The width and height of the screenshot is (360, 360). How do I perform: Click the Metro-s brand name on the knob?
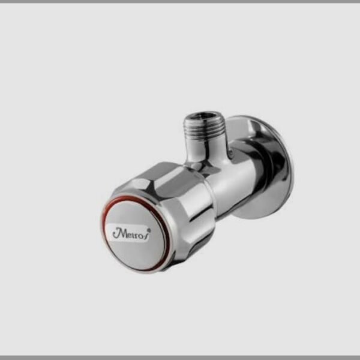point(131,233)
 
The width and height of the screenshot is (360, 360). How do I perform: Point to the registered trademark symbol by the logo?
point(149,229)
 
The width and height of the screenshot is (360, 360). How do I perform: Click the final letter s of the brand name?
point(146,234)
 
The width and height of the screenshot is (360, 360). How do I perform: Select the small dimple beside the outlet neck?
point(232,151)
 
